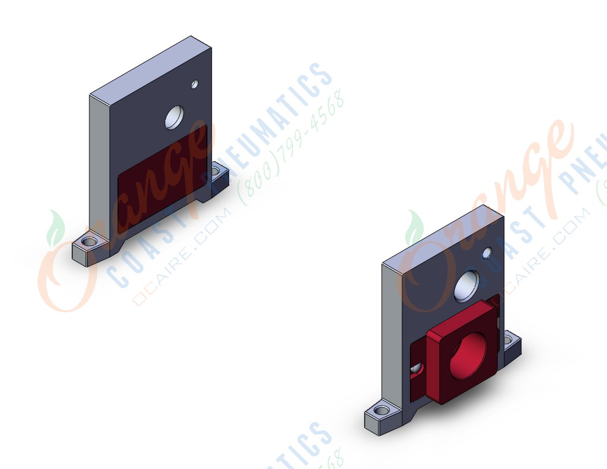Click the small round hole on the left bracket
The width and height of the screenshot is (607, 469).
pyautogui.click(x=194, y=84)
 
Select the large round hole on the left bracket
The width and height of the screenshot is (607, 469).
pyautogui.click(x=174, y=117)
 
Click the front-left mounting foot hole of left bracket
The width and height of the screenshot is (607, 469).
pyautogui.click(x=87, y=242)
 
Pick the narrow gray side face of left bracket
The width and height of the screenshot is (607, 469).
pyautogui.click(x=99, y=171)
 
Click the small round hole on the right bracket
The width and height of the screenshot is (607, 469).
pyautogui.click(x=487, y=253)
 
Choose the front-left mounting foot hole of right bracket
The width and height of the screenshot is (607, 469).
pyautogui.click(x=380, y=411)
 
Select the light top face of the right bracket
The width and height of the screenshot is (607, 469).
pyautogui.click(x=441, y=234)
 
